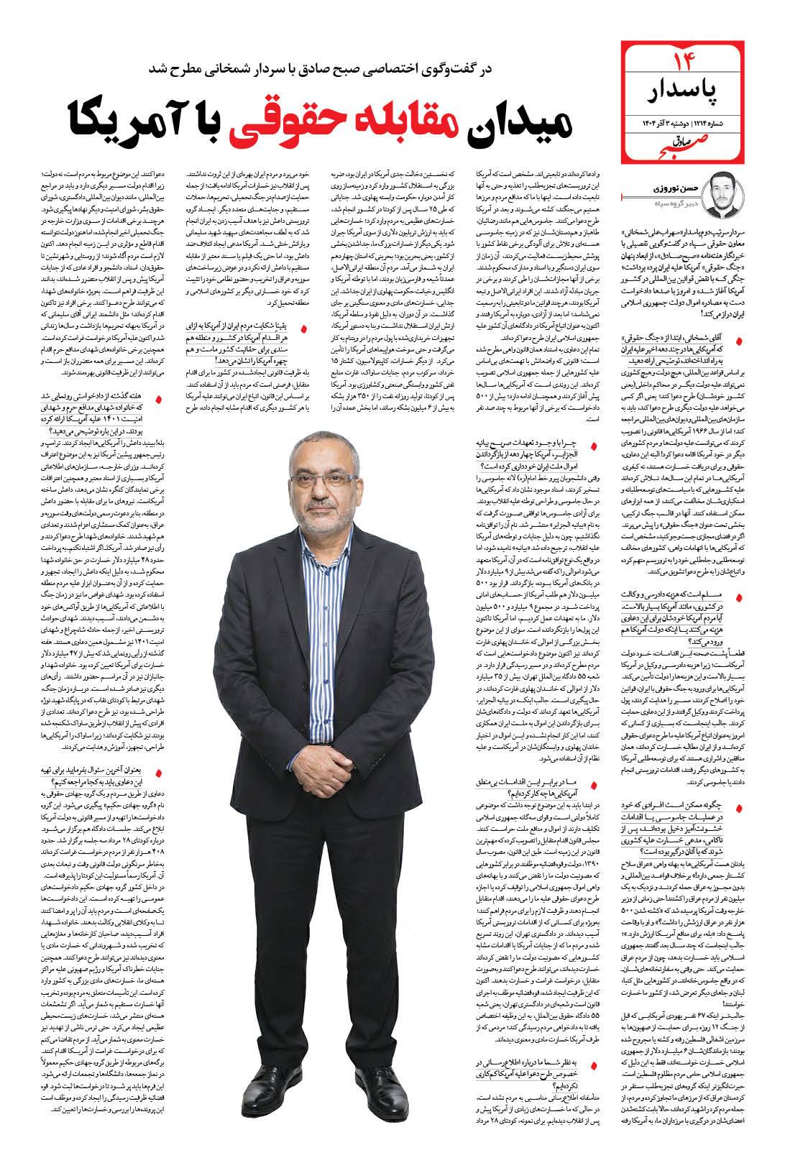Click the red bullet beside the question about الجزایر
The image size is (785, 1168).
(594, 445)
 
